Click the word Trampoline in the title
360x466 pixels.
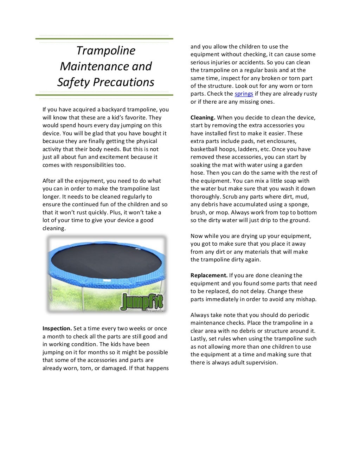tap(105, 51)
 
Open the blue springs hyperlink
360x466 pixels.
tap(244, 94)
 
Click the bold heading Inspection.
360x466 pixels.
tap(57, 329)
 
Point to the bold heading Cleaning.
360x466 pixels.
tap(203, 118)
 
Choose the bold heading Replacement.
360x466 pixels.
tap(209, 276)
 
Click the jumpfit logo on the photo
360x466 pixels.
tap(142, 302)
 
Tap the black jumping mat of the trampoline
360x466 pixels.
tap(105, 260)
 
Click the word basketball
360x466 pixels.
tap(204, 149)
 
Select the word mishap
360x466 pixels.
tap(306, 299)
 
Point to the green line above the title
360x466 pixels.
tap(104, 39)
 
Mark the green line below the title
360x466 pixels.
tap(104, 95)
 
